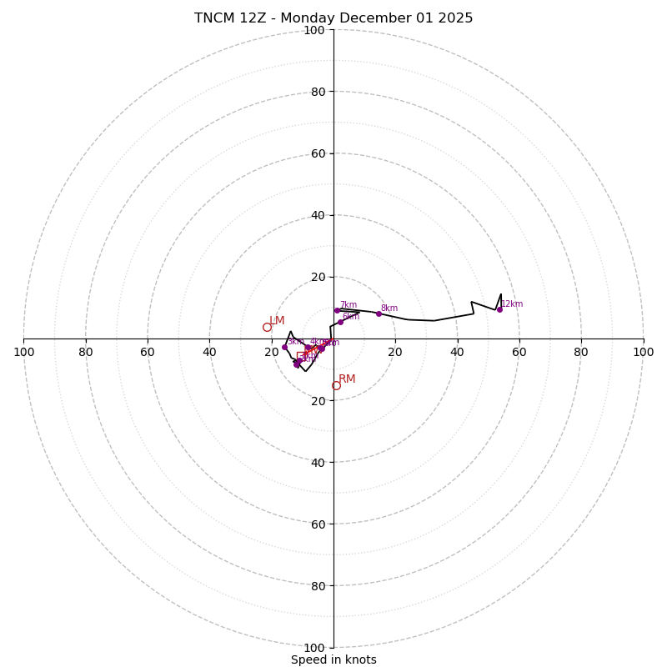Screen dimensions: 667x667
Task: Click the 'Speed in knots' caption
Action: pyautogui.click(x=333, y=659)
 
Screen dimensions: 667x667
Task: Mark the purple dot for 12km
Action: pyautogui.click(x=499, y=309)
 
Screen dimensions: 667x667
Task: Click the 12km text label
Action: pyautogui.click(x=512, y=304)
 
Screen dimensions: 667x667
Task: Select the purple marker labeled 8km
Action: pyautogui.click(x=379, y=313)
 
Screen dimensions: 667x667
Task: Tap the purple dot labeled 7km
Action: pyautogui.click(x=337, y=310)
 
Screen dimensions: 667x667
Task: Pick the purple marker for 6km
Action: pyautogui.click(x=340, y=322)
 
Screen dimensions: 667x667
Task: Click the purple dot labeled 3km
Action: pyautogui.click(x=284, y=347)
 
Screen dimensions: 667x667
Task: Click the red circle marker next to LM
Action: pyautogui.click(x=267, y=328)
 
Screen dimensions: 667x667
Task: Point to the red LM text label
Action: pyautogui.click(x=277, y=321)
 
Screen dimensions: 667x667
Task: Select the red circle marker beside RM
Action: pyautogui.click(x=336, y=386)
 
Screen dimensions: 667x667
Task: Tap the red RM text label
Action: pyautogui.click(x=347, y=379)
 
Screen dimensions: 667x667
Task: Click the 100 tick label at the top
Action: pyautogui.click(x=314, y=30)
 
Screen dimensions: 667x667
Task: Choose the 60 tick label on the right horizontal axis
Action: pyautogui.click(x=519, y=352)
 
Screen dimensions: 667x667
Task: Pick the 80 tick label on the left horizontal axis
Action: pyautogui.click(x=86, y=352)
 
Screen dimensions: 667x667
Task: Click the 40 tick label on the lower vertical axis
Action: pyautogui.click(x=318, y=462)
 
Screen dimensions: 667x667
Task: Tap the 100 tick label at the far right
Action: pyautogui.click(x=643, y=352)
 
